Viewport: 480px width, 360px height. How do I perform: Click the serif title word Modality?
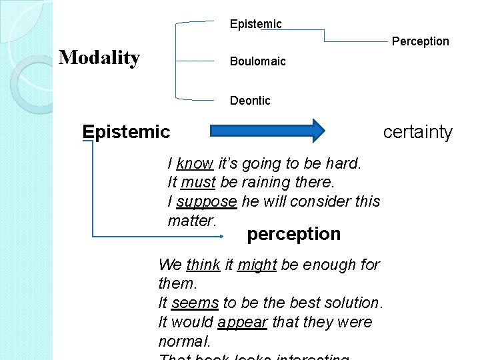99,58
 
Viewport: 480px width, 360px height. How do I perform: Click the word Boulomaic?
257,61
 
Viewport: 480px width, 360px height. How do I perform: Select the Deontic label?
250,101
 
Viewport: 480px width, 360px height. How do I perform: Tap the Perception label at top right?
420,41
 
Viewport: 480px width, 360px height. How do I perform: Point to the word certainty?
417,132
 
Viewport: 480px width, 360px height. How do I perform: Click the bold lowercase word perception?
293,234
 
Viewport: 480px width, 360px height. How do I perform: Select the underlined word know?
195,163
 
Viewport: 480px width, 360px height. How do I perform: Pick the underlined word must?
197,182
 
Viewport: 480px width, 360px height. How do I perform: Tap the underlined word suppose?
207,201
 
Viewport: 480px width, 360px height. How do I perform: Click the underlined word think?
203,265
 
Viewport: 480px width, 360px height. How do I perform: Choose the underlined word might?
257,265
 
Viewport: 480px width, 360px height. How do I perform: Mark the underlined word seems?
195,303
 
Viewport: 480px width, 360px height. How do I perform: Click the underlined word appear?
242,322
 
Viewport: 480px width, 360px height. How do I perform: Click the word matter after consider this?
191,221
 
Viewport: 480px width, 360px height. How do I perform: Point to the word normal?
183,341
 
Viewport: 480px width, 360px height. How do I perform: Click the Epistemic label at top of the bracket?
255,24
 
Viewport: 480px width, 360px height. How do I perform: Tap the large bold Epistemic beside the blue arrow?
126,132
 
